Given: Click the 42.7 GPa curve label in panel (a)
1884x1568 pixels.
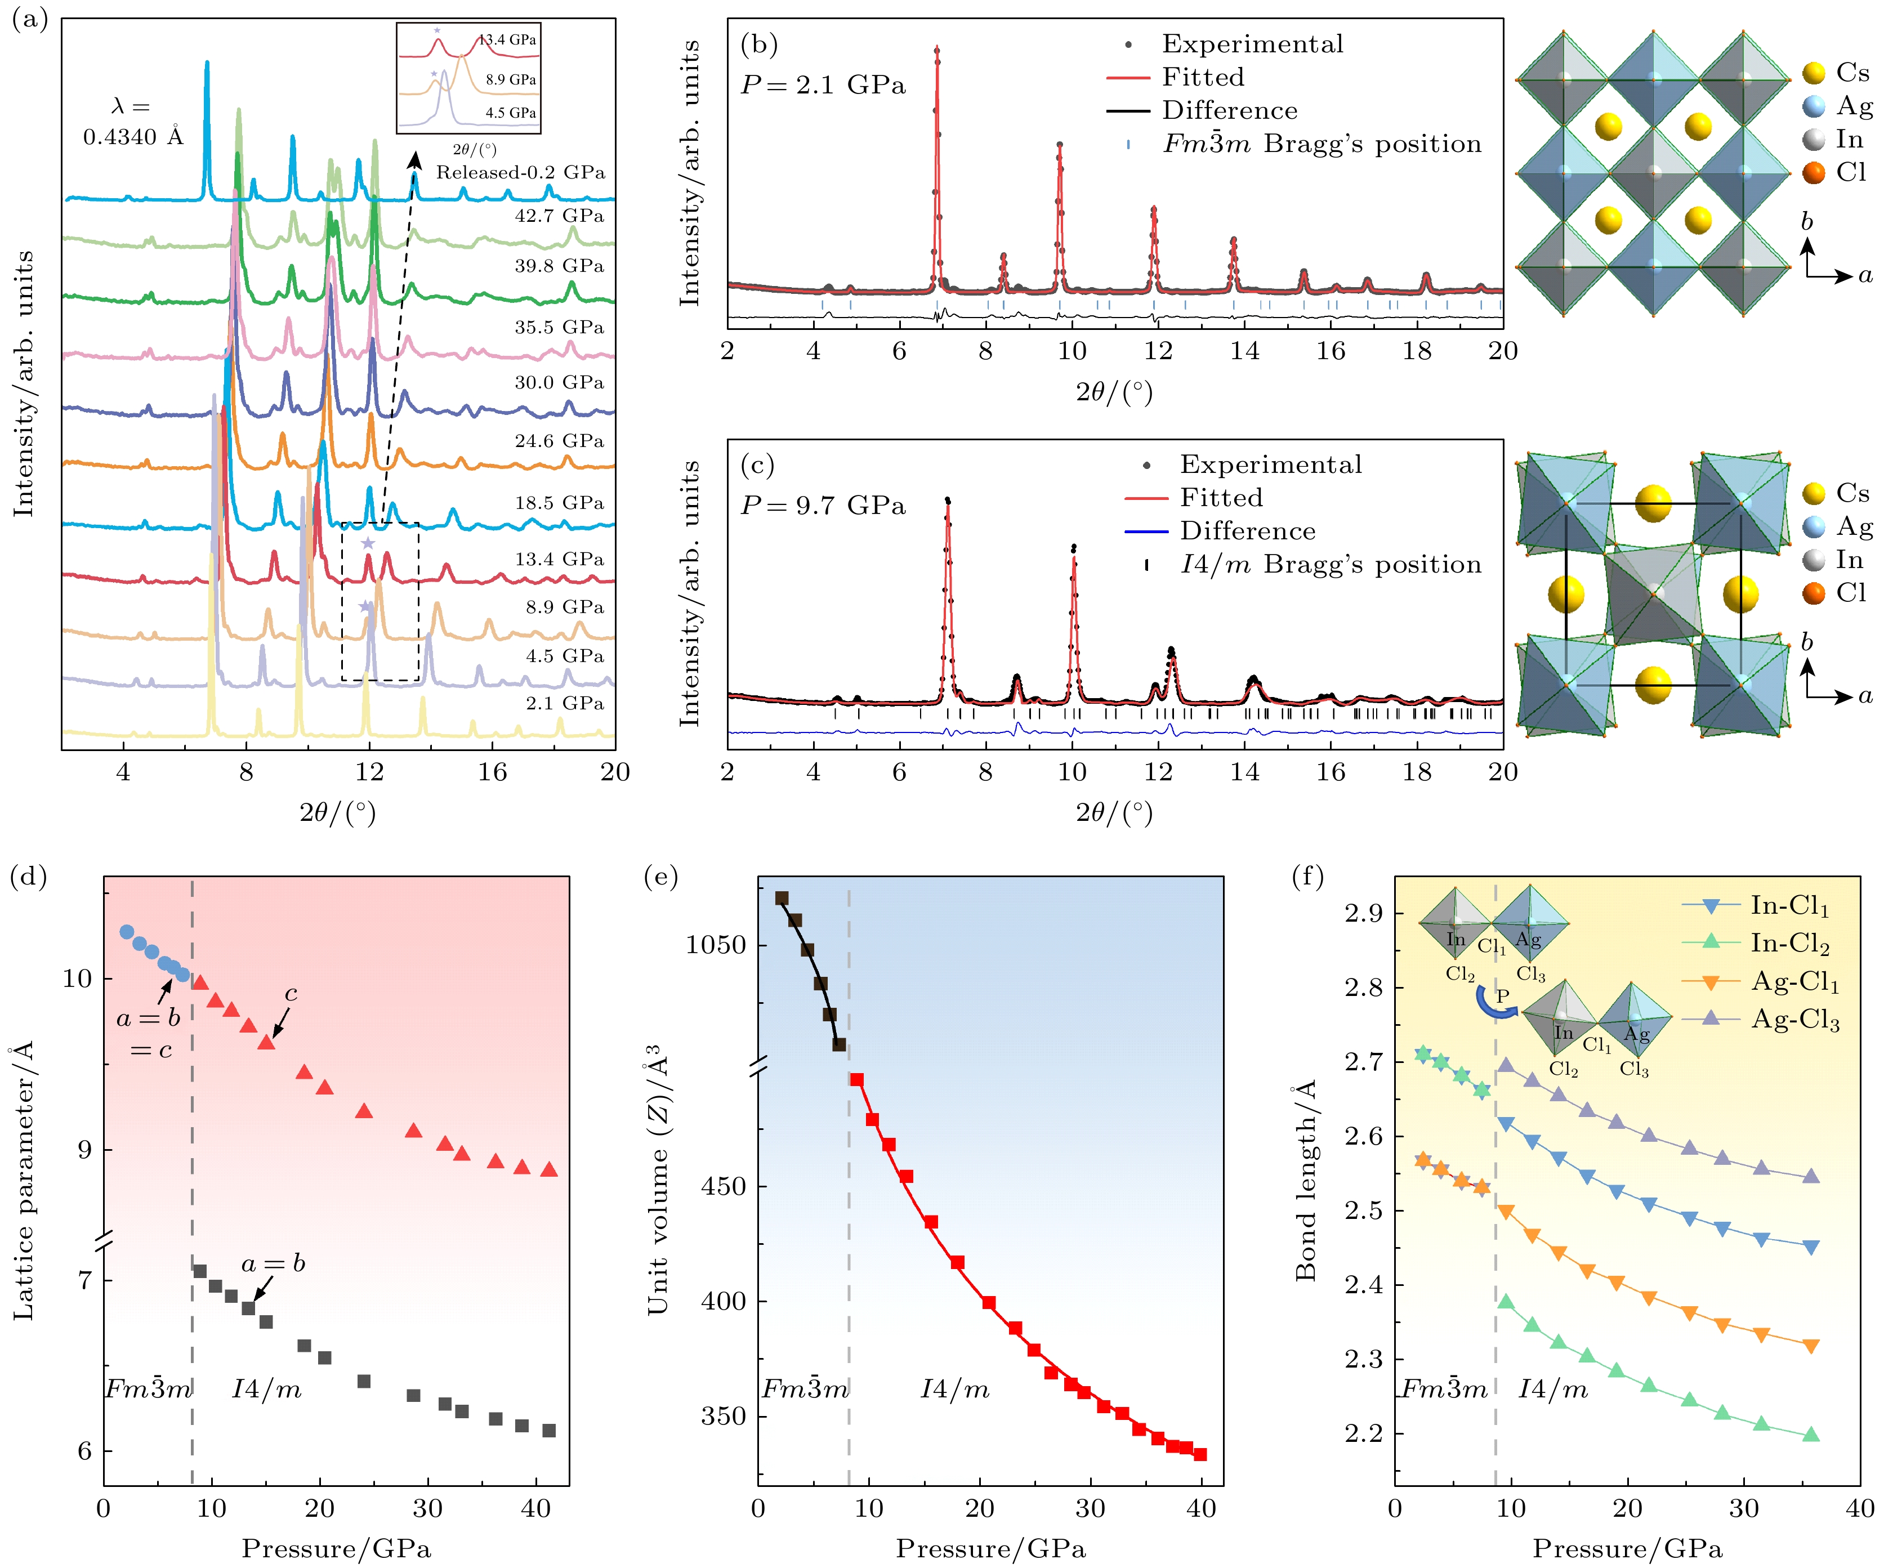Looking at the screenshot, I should (559, 216).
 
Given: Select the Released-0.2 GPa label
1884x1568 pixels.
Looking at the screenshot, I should (520, 173).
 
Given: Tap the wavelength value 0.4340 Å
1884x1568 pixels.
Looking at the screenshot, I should (133, 137).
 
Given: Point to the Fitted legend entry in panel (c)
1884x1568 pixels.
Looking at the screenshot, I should (1221, 498).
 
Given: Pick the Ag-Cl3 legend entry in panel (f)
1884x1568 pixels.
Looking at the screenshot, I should (1795, 1020).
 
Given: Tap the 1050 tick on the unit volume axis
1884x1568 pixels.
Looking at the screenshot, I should (715, 945).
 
